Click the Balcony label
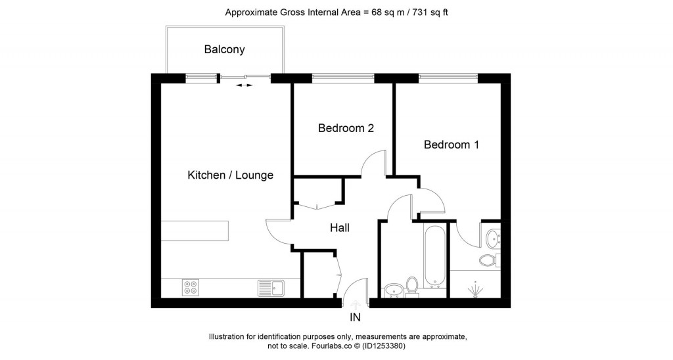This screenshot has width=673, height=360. click(x=224, y=49)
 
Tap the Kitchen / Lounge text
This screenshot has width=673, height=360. click(x=230, y=175)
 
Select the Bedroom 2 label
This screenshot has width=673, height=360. click(x=346, y=128)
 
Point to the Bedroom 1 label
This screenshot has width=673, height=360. click(x=451, y=145)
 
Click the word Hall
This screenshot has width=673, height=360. click(x=339, y=228)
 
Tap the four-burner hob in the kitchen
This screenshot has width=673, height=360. click(x=191, y=287)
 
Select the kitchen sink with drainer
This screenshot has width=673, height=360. click(x=270, y=287)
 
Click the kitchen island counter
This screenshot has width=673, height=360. click(x=195, y=231)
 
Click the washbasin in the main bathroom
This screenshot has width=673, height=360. click(x=393, y=289)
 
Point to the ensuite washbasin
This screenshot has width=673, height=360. click(x=492, y=235)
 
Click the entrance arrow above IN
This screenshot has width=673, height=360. click(x=356, y=304)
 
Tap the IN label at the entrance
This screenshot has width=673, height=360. click(x=355, y=318)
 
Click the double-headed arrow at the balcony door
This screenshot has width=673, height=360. click(x=244, y=85)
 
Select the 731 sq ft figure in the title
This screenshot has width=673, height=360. click(x=429, y=12)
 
